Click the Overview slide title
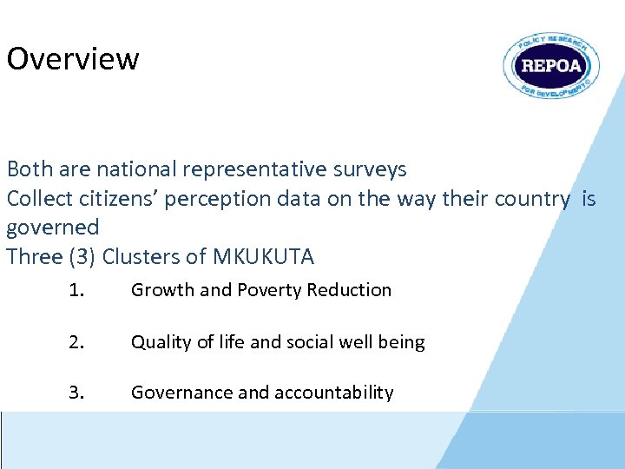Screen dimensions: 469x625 pyautogui.click(x=73, y=59)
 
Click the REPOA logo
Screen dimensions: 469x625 pyautogui.click(x=551, y=66)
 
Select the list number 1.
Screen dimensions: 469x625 pyautogui.click(x=77, y=290)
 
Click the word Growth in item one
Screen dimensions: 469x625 pyautogui.click(x=161, y=290)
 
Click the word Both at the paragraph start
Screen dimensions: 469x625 pyautogui.click(x=28, y=168)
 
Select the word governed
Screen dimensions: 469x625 pyautogui.click(x=53, y=228)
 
